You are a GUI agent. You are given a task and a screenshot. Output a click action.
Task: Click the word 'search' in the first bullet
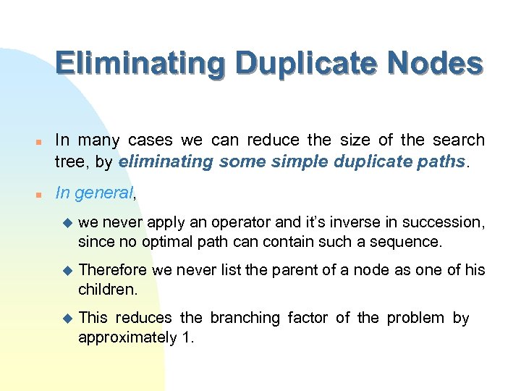pos(459,140)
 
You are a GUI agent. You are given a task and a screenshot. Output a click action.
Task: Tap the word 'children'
pos(106,290)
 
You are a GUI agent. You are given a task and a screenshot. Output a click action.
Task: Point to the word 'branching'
pos(245,318)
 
